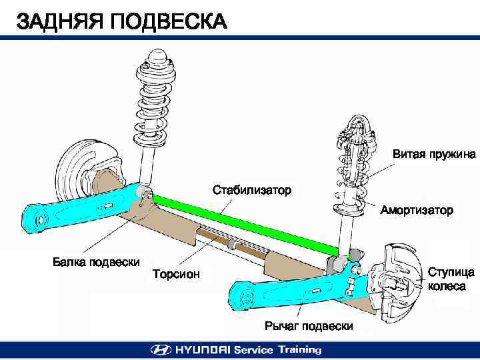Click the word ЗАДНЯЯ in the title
click(57, 22)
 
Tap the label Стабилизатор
click(251, 191)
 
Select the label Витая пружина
click(433, 154)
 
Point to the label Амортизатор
click(417, 210)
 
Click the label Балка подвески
click(96, 261)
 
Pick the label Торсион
click(176, 273)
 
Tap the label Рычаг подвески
click(308, 326)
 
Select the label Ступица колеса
click(451, 279)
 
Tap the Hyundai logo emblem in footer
click(161, 349)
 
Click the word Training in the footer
click(299, 349)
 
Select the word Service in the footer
click(253, 349)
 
